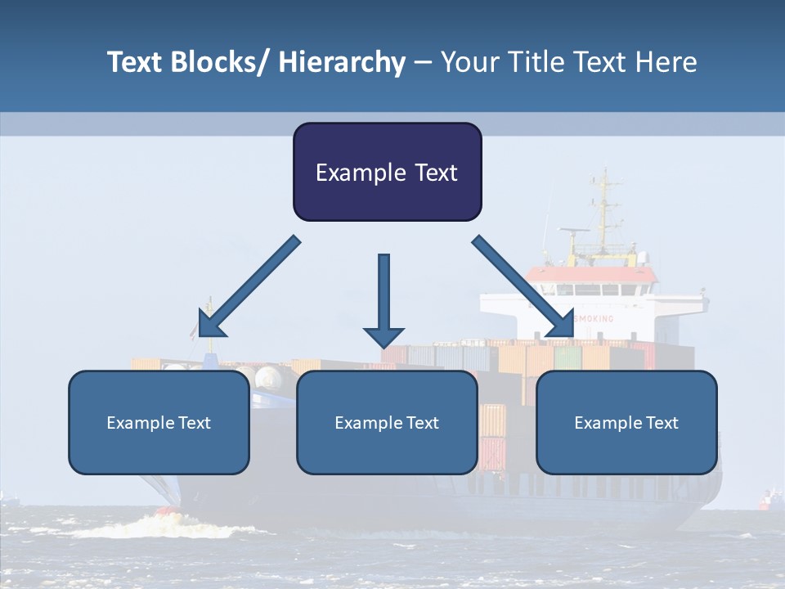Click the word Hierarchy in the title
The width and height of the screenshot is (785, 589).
point(342,62)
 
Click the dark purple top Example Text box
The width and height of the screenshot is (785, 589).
point(387,172)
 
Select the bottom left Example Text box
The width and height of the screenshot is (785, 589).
point(159,422)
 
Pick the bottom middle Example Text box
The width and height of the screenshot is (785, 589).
point(387,422)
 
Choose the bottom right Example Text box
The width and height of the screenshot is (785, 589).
point(626,422)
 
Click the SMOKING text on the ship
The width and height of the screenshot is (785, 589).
point(594,317)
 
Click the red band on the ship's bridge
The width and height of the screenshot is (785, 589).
point(590,274)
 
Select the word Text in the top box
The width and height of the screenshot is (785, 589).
point(431,173)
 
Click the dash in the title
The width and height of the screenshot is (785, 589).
point(422,62)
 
